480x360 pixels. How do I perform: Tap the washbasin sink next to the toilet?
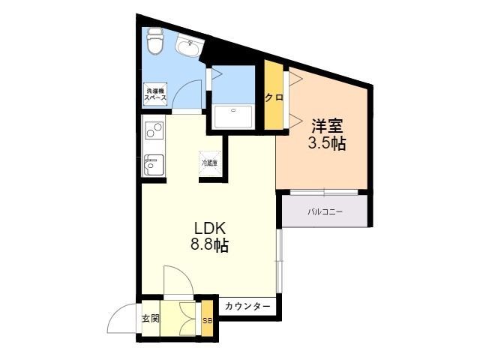[187, 46]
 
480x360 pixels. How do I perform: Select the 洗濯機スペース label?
[155, 95]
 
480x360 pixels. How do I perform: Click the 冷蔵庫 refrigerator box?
[209, 162]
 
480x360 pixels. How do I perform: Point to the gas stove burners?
[154, 132]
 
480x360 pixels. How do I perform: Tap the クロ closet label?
[272, 97]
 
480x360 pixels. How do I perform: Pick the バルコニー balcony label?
[325, 212]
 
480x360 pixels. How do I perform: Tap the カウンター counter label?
[247, 307]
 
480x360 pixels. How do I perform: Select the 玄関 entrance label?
[150, 317]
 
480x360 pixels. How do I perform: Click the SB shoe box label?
[207, 320]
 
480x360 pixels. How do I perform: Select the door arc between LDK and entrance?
[178, 279]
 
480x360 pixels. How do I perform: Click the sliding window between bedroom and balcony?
[324, 191]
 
